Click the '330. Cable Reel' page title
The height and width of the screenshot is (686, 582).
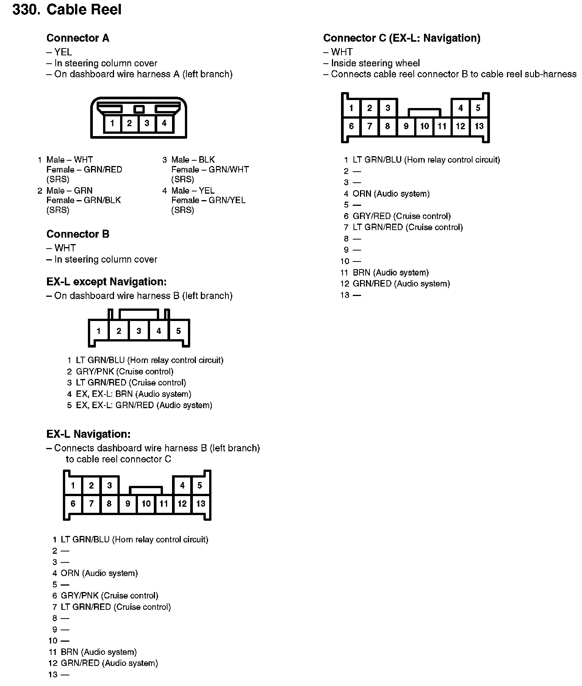point(67,9)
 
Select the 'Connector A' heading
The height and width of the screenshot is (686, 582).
point(78,38)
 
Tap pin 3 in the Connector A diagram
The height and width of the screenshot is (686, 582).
point(147,123)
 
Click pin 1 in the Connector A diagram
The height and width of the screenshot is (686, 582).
point(112,123)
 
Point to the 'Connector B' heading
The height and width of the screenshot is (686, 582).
point(78,234)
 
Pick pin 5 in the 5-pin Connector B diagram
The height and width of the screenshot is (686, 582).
point(178,331)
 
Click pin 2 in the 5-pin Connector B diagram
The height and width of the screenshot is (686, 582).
point(119,331)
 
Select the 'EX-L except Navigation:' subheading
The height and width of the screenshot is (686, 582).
point(106,282)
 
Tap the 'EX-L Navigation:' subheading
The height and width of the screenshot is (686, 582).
point(88,434)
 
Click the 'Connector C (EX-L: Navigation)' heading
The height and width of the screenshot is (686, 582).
point(402,38)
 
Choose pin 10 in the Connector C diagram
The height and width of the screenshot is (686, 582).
point(424,126)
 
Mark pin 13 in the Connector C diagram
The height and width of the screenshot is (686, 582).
point(479,126)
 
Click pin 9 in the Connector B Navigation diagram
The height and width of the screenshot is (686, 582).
point(128,504)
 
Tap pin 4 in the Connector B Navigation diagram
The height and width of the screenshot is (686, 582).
point(182,486)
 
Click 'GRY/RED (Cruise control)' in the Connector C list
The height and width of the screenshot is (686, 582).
point(402,216)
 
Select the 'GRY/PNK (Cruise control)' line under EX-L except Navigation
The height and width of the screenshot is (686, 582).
point(125,371)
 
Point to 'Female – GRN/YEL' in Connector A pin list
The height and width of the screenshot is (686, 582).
point(208,200)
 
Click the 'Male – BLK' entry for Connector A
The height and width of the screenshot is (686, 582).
point(193,160)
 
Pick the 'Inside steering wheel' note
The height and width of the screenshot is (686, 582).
point(375,63)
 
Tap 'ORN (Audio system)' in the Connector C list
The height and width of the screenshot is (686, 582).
point(391,194)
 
